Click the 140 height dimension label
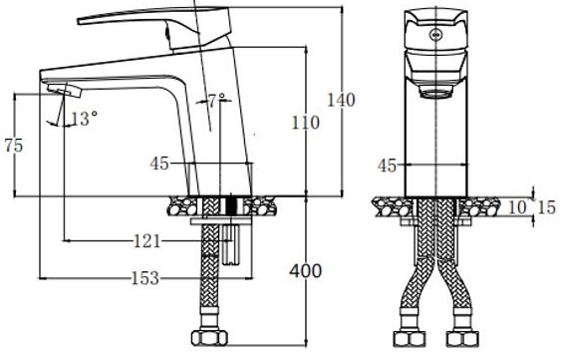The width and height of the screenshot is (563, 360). pyautogui.click(x=341, y=100)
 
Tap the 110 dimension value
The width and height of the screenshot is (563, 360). pyautogui.click(x=305, y=123)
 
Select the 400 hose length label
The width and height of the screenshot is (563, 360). pyautogui.click(x=306, y=271)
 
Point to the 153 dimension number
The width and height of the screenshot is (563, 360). pyautogui.click(x=145, y=278)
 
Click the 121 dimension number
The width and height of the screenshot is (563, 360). pyautogui.click(x=146, y=241)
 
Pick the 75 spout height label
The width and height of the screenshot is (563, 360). pyautogui.click(x=14, y=146)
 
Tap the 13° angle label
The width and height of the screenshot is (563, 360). pyautogui.click(x=84, y=119)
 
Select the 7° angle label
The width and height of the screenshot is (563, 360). pyautogui.click(x=217, y=101)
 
